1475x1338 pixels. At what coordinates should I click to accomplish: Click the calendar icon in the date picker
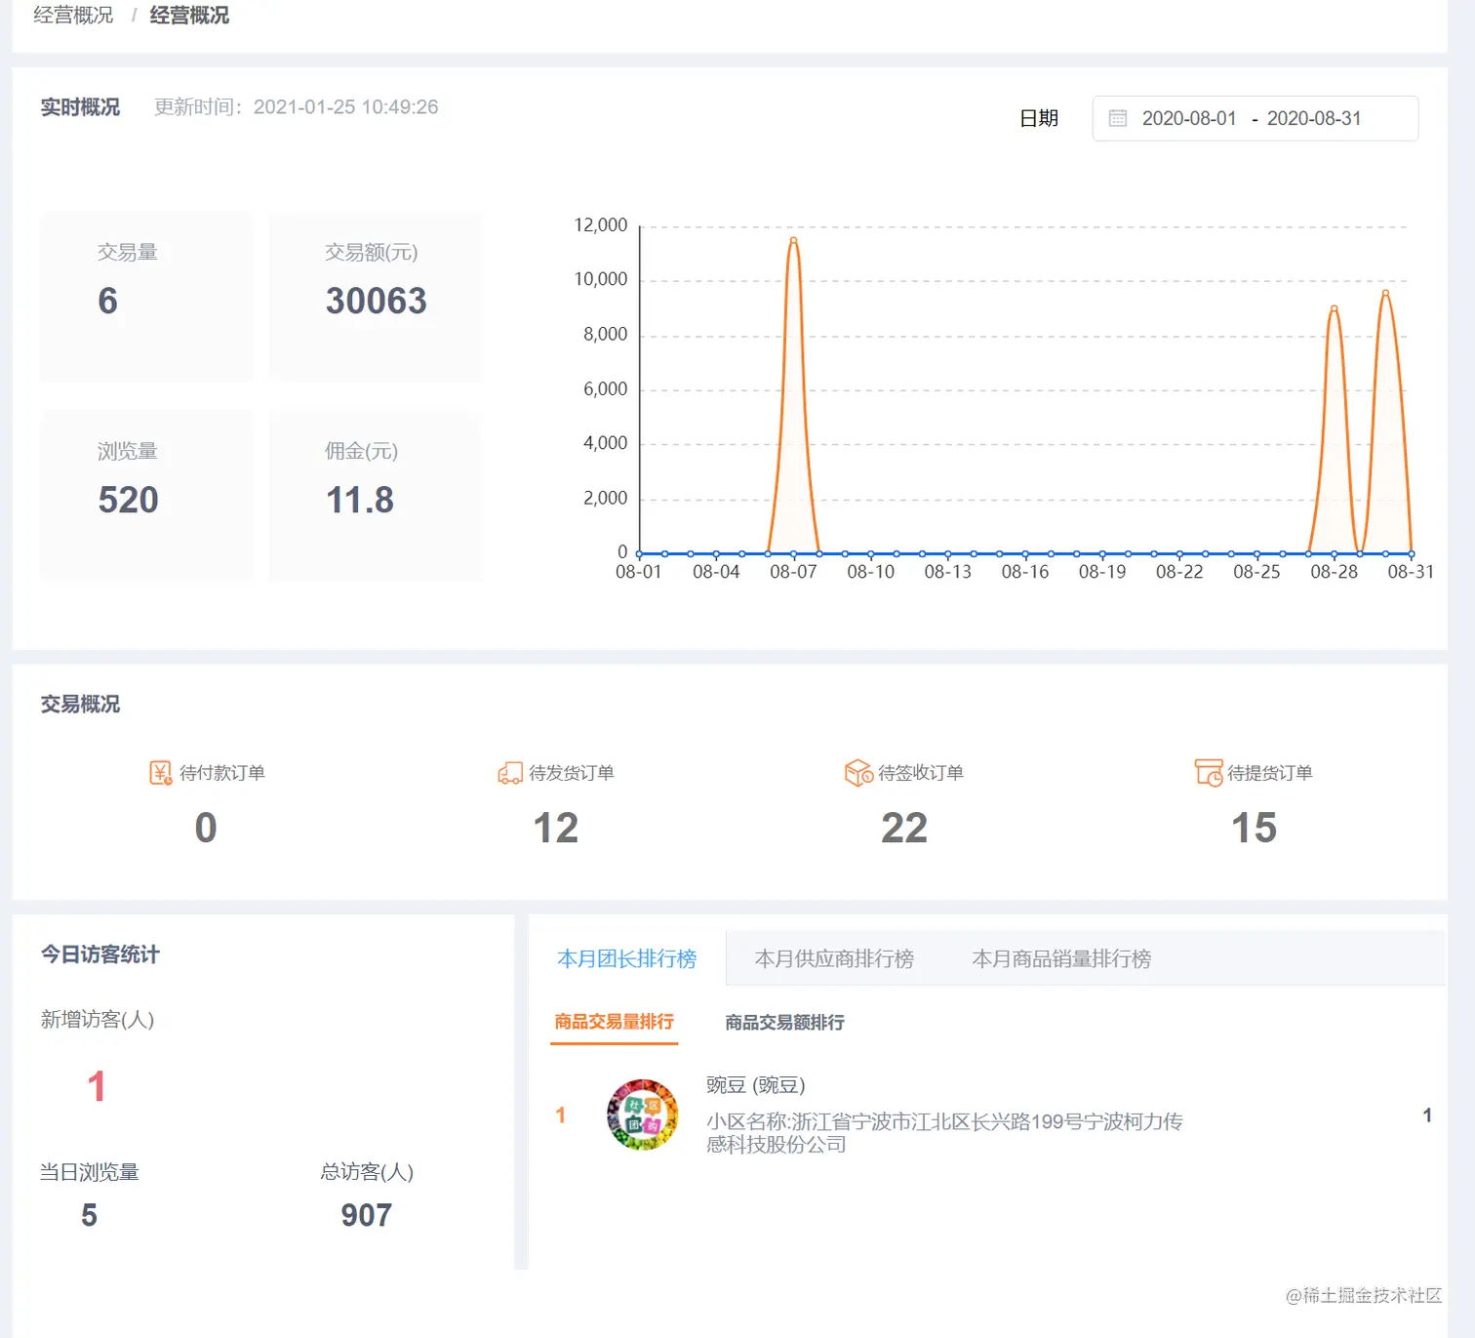click(1118, 118)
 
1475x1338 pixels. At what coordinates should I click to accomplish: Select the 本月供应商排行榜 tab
click(834, 958)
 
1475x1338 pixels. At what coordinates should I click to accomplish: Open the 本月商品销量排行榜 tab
click(1061, 958)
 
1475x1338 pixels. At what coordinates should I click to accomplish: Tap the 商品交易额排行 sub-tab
click(784, 1022)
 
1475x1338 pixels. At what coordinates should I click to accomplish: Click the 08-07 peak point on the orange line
click(793, 240)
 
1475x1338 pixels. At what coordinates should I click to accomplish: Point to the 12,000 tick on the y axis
click(601, 225)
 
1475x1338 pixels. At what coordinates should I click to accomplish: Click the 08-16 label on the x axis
click(1024, 572)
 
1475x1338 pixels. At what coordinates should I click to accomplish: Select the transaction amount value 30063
click(376, 301)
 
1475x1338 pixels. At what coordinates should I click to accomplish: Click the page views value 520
click(128, 500)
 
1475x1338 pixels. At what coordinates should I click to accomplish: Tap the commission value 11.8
click(359, 500)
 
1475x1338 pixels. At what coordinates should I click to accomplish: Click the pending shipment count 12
click(555, 828)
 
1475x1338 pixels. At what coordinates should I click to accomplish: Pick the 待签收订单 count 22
click(904, 828)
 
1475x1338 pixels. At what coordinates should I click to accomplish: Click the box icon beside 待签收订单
click(858, 773)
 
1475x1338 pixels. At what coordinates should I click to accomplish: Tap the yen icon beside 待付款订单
click(161, 773)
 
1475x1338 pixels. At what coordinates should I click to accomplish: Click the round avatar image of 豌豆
click(642, 1115)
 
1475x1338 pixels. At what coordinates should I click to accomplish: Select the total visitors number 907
click(366, 1215)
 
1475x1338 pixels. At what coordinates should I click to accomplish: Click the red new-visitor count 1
click(96, 1086)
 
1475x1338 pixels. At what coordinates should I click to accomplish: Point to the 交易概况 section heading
click(80, 704)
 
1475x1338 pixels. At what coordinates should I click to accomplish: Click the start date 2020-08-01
click(1188, 118)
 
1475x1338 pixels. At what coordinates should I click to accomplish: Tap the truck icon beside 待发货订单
click(510, 774)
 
